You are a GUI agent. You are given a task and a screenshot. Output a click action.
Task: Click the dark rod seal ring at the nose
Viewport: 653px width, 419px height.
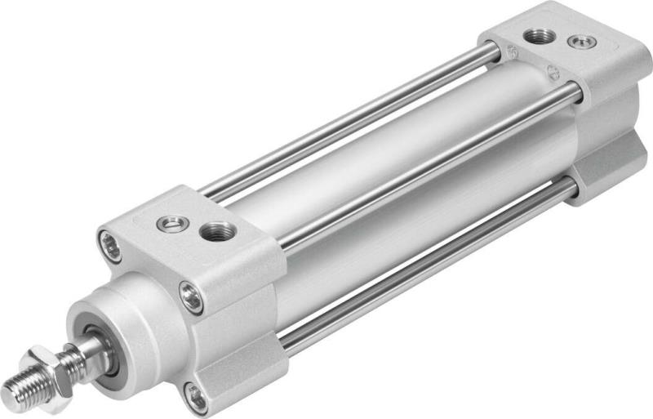pos(108,337)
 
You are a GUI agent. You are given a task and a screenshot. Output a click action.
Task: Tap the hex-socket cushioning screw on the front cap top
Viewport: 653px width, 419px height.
pos(172,223)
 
